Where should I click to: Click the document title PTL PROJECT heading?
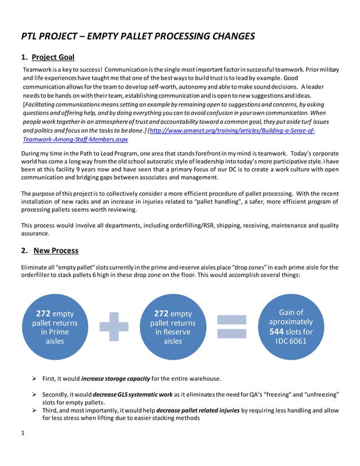(x=138, y=37)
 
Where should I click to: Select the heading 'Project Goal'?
(x=53, y=57)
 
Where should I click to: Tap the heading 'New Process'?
(x=56, y=250)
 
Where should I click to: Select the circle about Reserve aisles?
(x=173, y=327)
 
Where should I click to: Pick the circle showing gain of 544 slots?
(x=291, y=327)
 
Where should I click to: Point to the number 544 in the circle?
(x=279, y=332)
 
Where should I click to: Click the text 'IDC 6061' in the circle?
(x=291, y=341)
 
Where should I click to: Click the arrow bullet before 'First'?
(x=34, y=378)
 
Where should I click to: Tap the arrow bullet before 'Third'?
(x=34, y=410)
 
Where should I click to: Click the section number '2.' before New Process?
(x=24, y=250)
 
